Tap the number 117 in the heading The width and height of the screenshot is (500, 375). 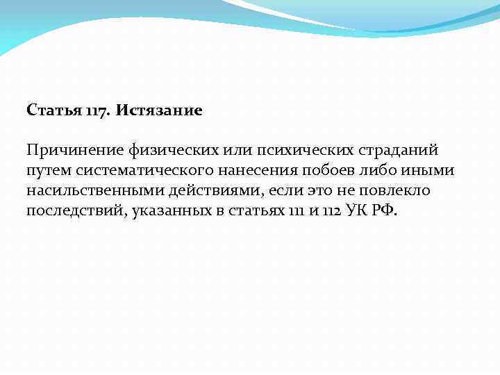(x=98, y=111)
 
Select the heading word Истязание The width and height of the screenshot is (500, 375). (x=159, y=111)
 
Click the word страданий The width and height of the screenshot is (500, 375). (x=399, y=151)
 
